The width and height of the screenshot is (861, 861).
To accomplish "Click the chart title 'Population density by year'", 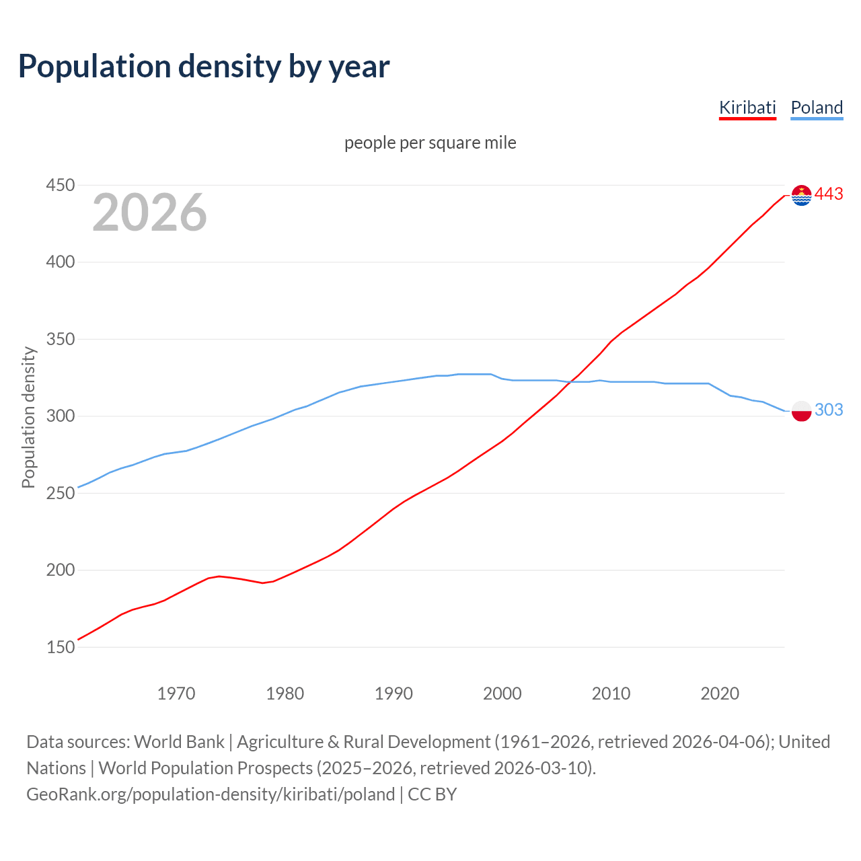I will tap(204, 66).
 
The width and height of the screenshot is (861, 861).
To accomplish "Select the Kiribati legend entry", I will tap(747, 108).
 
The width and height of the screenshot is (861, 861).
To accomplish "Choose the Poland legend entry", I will tap(817, 108).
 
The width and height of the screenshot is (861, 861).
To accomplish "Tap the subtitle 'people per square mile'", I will tap(430, 143).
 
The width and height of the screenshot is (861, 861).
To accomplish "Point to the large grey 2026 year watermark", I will tap(149, 213).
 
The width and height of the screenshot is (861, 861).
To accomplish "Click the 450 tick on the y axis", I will tap(60, 185).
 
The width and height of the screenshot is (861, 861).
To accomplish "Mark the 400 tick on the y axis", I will tap(60, 262).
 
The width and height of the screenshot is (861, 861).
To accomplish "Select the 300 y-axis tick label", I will tap(60, 416).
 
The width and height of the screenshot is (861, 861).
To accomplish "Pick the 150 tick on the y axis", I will tap(60, 647).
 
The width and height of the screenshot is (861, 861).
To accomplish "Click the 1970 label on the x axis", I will tap(176, 693).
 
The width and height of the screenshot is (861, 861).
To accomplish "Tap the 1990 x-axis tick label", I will tap(394, 693).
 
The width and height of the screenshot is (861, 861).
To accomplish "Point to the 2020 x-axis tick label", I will tap(720, 693).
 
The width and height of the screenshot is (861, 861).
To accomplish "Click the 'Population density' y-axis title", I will tap(28, 417).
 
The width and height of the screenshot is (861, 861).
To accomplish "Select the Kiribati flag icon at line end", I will tap(801, 195).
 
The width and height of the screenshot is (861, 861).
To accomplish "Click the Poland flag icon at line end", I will tap(801, 410).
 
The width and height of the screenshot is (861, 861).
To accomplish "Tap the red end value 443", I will tap(829, 194).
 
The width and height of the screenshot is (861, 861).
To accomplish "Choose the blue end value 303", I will tap(829, 410).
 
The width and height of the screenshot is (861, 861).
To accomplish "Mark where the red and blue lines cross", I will tap(569, 382).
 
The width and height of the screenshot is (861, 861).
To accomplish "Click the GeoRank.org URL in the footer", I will tap(211, 794).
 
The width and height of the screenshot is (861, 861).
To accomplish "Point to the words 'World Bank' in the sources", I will tap(179, 741).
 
